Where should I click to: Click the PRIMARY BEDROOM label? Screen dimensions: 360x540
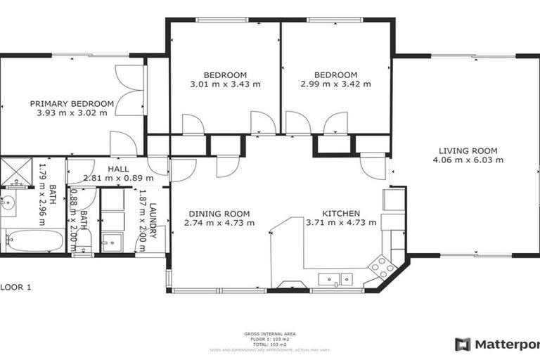[72, 103]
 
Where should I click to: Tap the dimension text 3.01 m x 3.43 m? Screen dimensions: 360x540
[225, 84]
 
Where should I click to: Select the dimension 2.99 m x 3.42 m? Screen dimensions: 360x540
[335, 84]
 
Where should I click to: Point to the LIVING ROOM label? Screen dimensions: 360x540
[468, 150]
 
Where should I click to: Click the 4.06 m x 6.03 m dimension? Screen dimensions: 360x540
[468, 160]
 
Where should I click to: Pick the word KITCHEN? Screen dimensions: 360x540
[341, 214]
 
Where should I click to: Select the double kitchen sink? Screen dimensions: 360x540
[335, 279]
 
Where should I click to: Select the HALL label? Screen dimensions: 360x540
[117, 169]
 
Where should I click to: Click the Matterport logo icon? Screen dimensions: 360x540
[463, 345]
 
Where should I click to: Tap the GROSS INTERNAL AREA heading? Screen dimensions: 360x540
[270, 334]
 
